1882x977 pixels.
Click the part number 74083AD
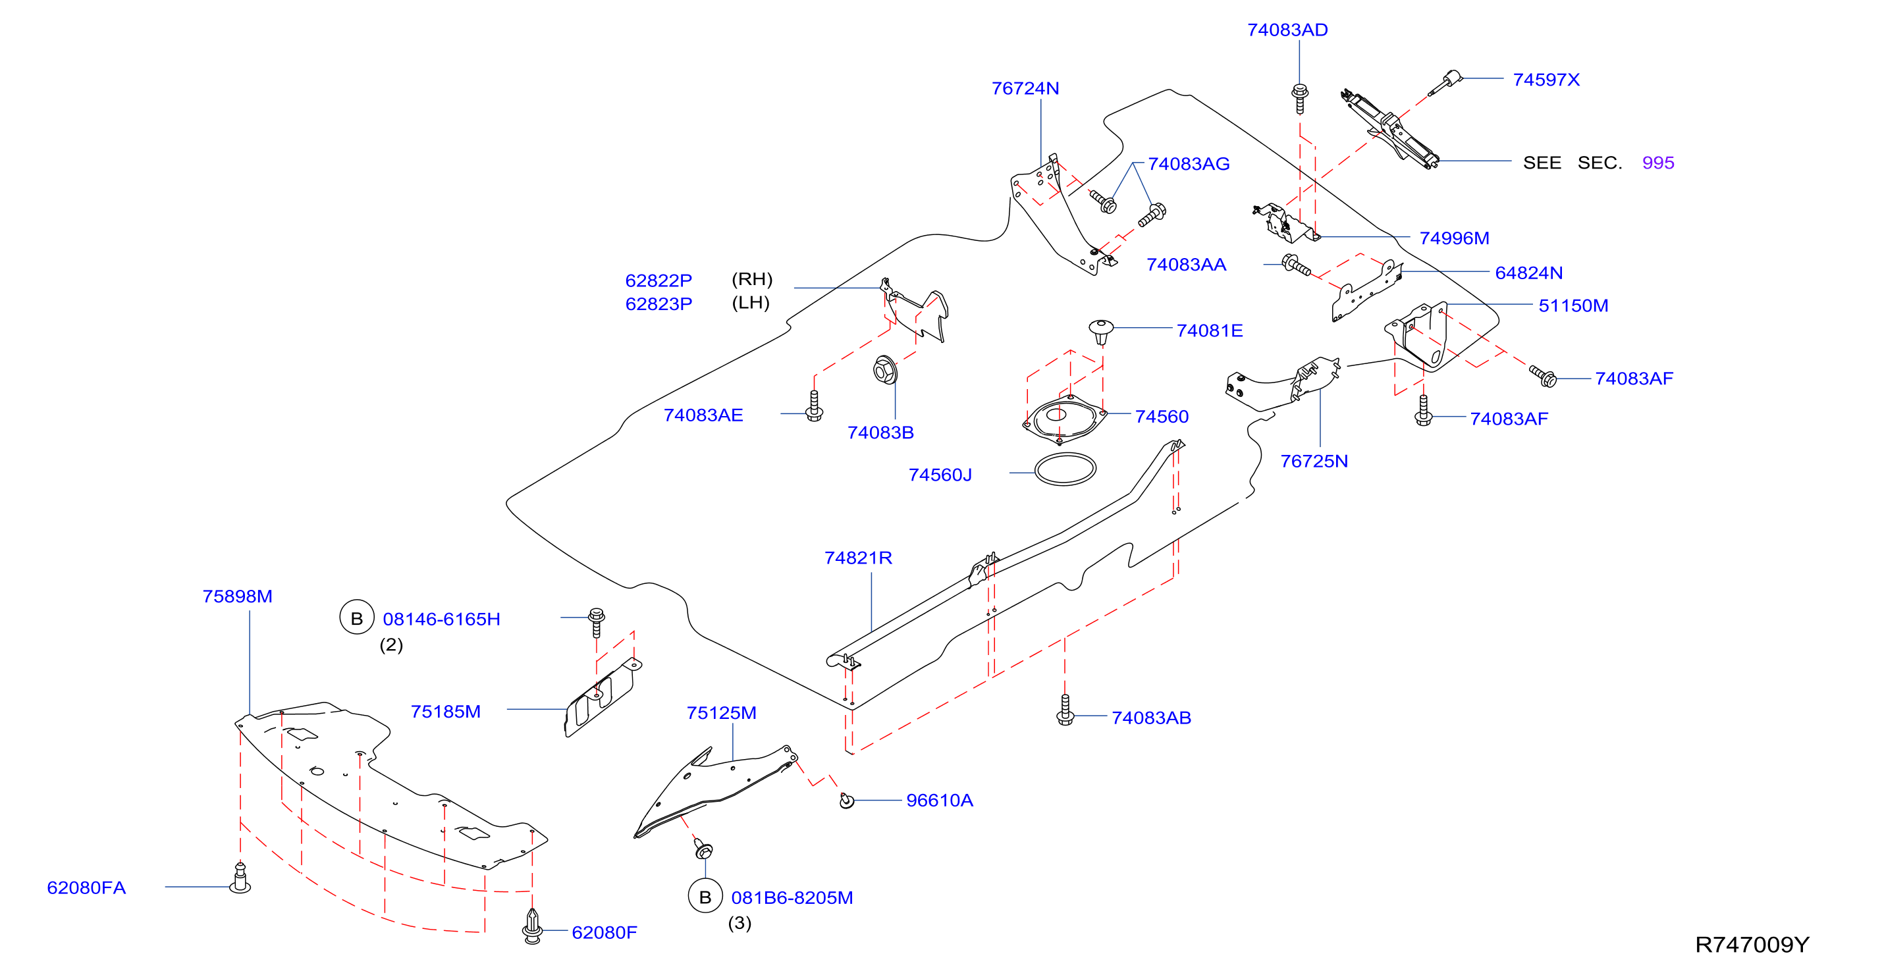(1287, 30)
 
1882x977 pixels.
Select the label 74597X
(1546, 80)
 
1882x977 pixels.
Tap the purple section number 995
(1657, 163)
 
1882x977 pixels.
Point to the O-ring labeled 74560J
(1065, 469)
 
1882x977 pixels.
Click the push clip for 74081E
(1101, 330)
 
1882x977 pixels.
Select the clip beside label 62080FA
(240, 878)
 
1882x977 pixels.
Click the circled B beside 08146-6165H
(356, 618)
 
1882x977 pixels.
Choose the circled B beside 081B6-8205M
(705, 897)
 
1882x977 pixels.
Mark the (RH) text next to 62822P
(752, 279)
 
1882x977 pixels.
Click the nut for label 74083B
(886, 371)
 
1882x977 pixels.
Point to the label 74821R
(858, 558)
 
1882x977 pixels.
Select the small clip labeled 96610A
(846, 801)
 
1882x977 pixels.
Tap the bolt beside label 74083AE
(814, 406)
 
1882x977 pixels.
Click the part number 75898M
(238, 596)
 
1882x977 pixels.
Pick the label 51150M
(1573, 306)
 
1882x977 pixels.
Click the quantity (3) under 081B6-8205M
(739, 923)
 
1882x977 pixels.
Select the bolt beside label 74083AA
(1296, 266)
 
